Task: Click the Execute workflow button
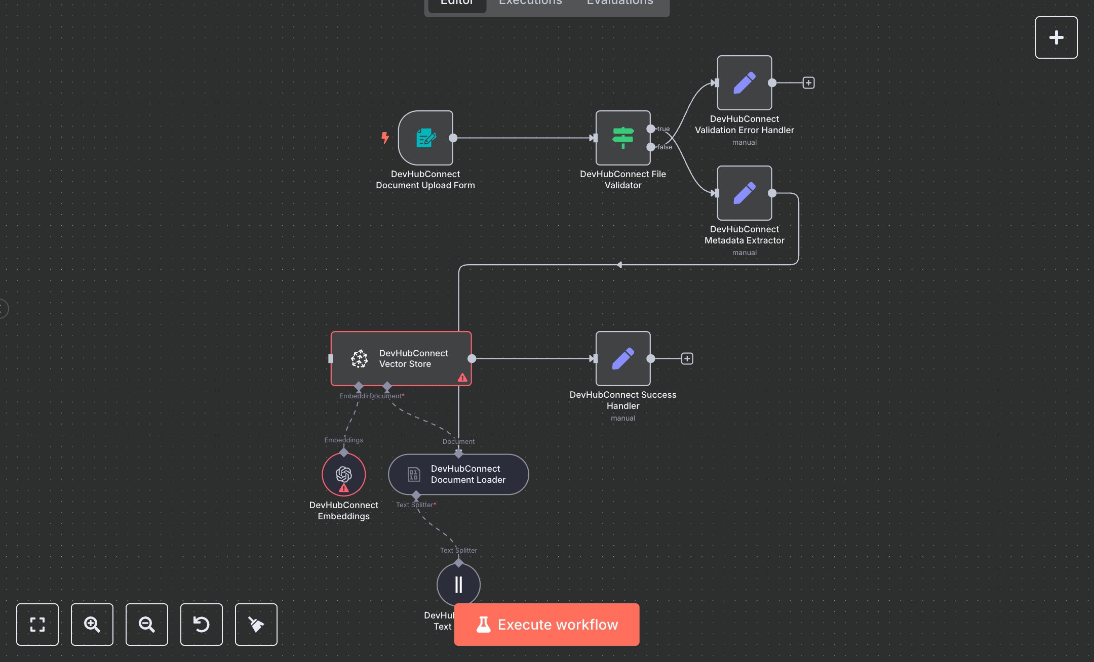(x=546, y=624)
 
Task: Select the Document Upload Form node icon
(x=425, y=138)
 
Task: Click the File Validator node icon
(x=622, y=138)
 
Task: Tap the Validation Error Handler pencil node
(x=744, y=82)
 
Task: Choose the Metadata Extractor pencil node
(x=744, y=193)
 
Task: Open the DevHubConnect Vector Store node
(x=401, y=358)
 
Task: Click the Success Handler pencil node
(x=622, y=358)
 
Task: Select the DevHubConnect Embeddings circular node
(x=343, y=474)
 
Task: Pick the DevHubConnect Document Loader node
(x=458, y=474)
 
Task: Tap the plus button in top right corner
(x=1056, y=37)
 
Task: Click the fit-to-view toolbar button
(x=37, y=624)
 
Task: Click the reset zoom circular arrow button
(x=201, y=624)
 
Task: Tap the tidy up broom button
(x=256, y=624)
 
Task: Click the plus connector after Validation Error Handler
(x=808, y=82)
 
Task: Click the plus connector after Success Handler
(x=687, y=358)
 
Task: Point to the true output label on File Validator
(x=663, y=129)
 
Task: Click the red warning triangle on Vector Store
(x=462, y=378)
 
